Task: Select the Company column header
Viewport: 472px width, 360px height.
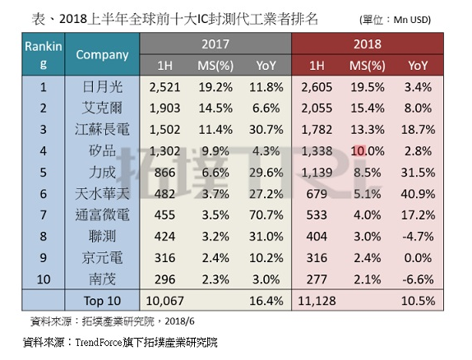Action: (102, 55)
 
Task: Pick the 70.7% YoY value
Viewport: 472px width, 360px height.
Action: (264, 212)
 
